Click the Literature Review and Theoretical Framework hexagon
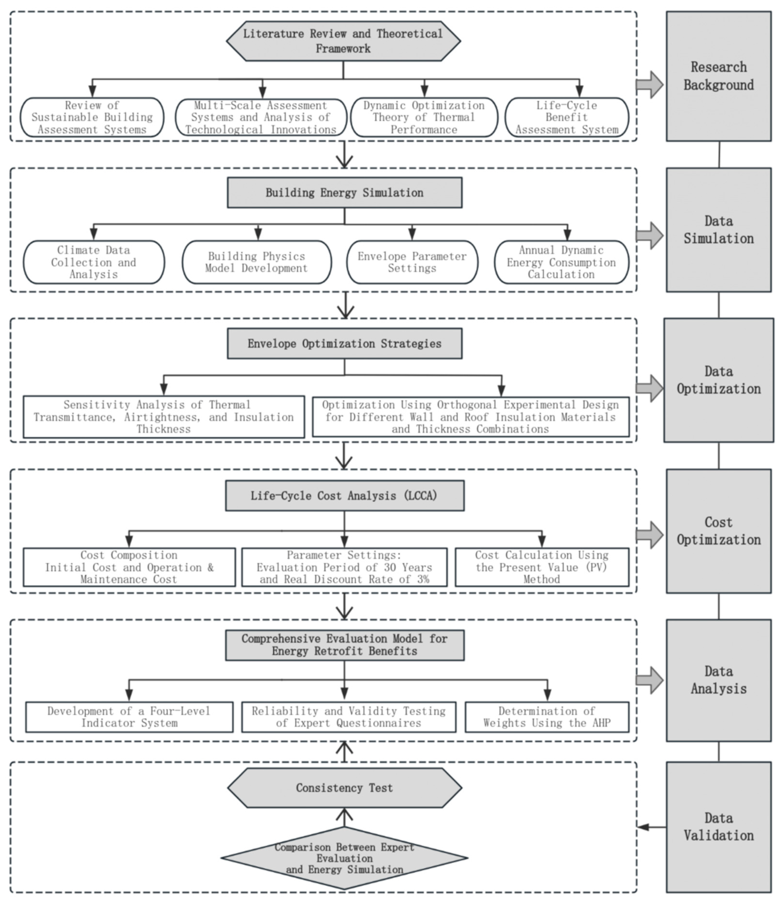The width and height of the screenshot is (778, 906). click(343, 41)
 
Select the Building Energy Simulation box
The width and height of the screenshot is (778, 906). click(344, 192)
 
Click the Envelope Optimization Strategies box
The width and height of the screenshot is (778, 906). click(344, 344)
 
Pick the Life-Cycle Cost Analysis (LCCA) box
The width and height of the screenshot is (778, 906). click(344, 495)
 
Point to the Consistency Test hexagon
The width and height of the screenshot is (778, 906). click(344, 788)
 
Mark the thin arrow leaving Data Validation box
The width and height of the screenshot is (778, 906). click(651, 827)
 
